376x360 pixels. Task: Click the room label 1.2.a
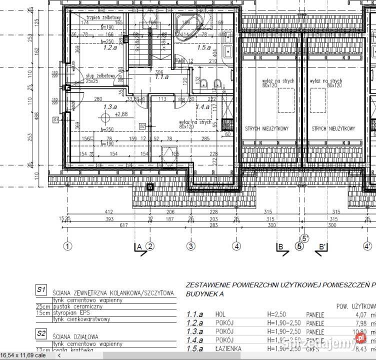[110, 48]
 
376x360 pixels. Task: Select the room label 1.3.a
[110, 107]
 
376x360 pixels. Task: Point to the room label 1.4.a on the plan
[202, 107]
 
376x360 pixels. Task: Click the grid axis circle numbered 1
[68, 246]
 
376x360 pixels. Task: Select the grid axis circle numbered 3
[190, 246]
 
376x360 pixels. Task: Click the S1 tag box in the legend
[41, 289]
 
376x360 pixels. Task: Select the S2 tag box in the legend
[41, 332]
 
